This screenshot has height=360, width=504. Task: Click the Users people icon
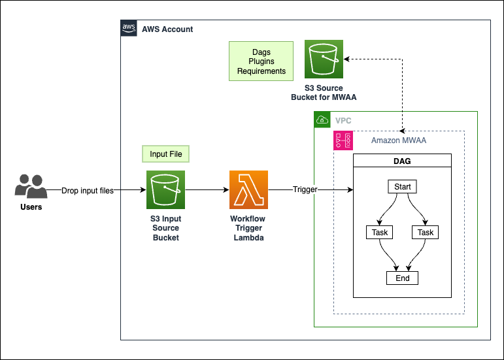(30, 186)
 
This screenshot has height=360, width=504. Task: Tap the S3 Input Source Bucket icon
(165, 189)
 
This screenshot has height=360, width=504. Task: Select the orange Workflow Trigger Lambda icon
(248, 189)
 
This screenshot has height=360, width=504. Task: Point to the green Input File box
(166, 154)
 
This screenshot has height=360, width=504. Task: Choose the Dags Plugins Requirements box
(261, 61)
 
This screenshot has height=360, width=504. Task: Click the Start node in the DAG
(403, 187)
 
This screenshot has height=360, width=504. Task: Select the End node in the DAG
(403, 278)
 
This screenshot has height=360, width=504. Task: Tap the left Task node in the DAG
(380, 233)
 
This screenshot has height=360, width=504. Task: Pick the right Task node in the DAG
(426, 233)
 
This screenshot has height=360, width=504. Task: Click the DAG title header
(403, 161)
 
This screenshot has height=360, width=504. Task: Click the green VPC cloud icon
(322, 120)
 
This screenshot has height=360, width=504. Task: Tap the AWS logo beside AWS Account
(129, 28)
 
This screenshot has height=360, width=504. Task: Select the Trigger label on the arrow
(305, 190)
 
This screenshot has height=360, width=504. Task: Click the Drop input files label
(87, 191)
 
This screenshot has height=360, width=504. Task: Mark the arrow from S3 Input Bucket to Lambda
(207, 190)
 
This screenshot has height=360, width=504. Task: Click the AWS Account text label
(167, 29)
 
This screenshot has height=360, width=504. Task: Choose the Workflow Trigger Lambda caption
(248, 227)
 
